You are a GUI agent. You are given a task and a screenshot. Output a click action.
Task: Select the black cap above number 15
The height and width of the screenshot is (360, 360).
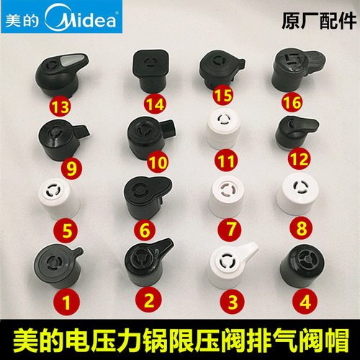pyautogui.click(x=220, y=70)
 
